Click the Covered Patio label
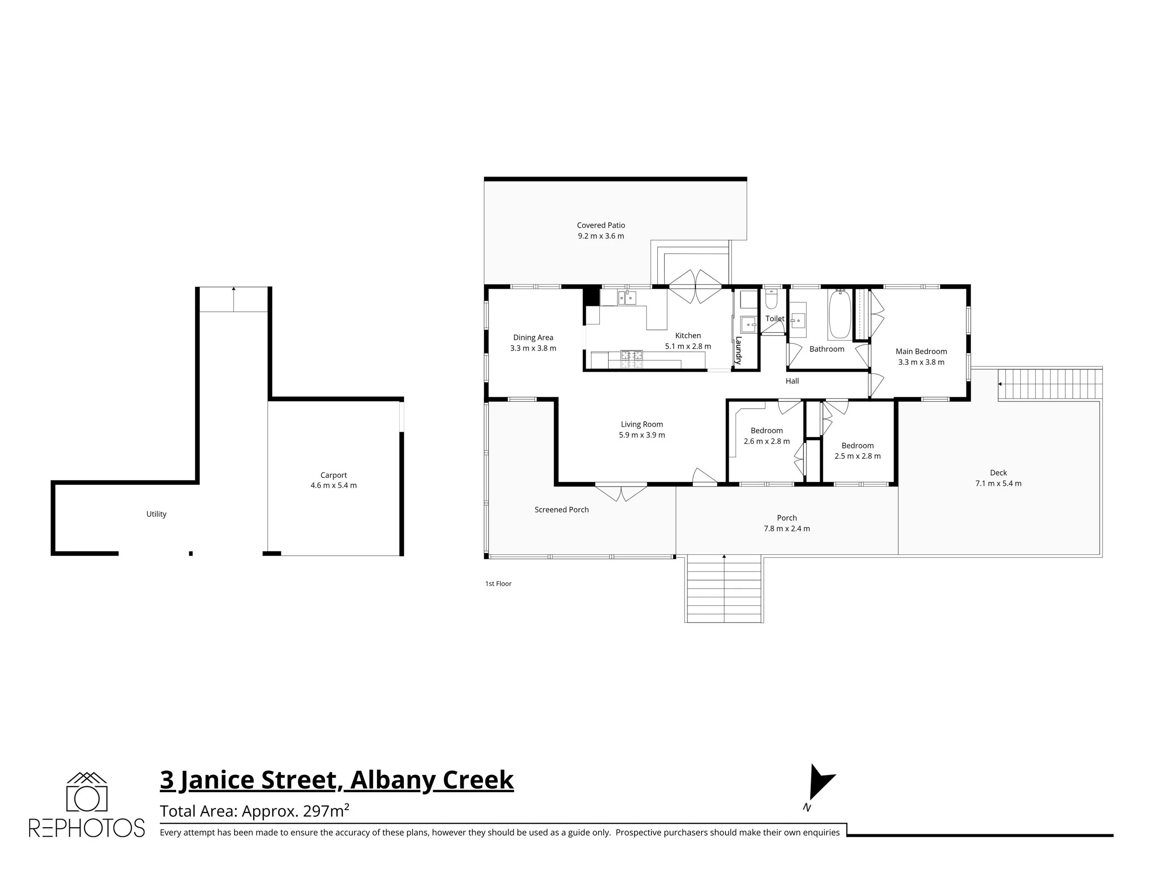(600, 225)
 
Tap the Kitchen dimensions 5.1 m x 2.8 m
(688, 346)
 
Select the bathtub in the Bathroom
(840, 314)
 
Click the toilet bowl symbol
(771, 300)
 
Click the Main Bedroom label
(921, 351)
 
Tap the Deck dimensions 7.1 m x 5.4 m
(998, 483)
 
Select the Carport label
(333, 475)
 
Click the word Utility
(156, 514)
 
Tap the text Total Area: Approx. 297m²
(254, 811)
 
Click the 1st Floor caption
(498, 584)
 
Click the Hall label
(792, 381)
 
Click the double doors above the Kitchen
(695, 286)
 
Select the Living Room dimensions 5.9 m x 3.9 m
(641, 435)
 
